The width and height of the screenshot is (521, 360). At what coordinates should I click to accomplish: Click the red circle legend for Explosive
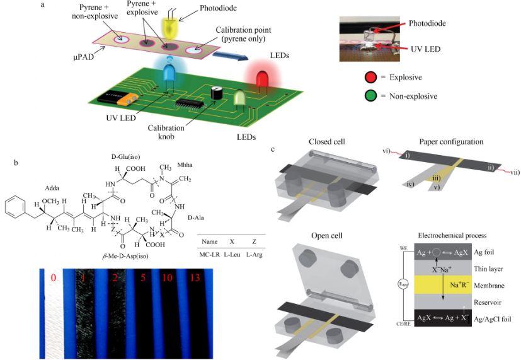tap(371, 78)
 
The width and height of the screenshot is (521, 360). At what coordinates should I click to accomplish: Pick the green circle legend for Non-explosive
tap(371, 96)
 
